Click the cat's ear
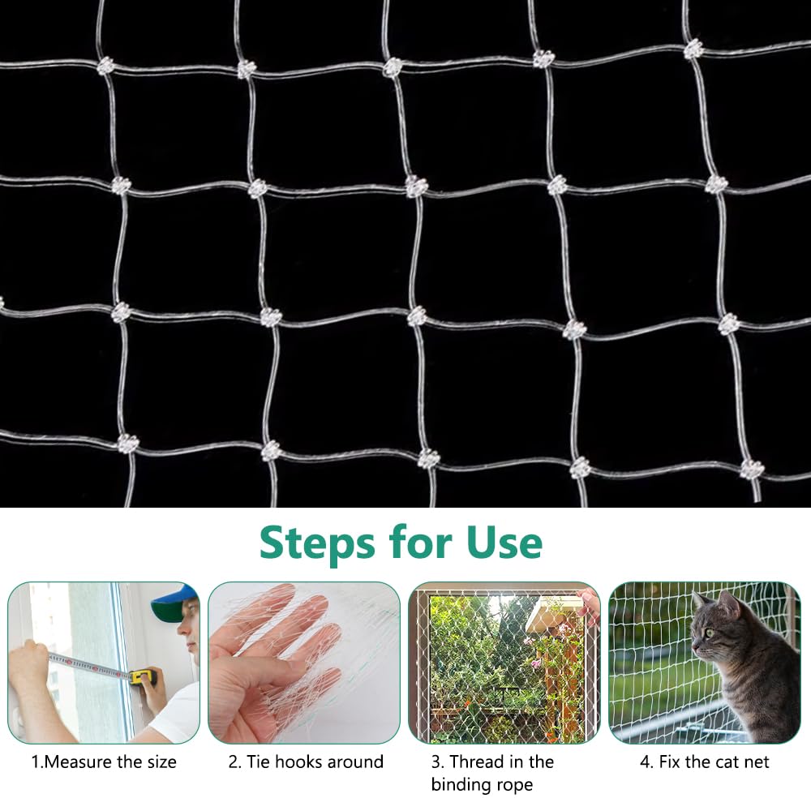(729, 604)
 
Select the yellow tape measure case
(144, 675)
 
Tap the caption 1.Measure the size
(104, 762)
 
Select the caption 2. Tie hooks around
(305, 762)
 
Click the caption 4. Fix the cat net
(704, 762)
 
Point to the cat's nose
(695, 646)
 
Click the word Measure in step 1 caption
(87, 762)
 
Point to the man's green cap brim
(168, 615)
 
